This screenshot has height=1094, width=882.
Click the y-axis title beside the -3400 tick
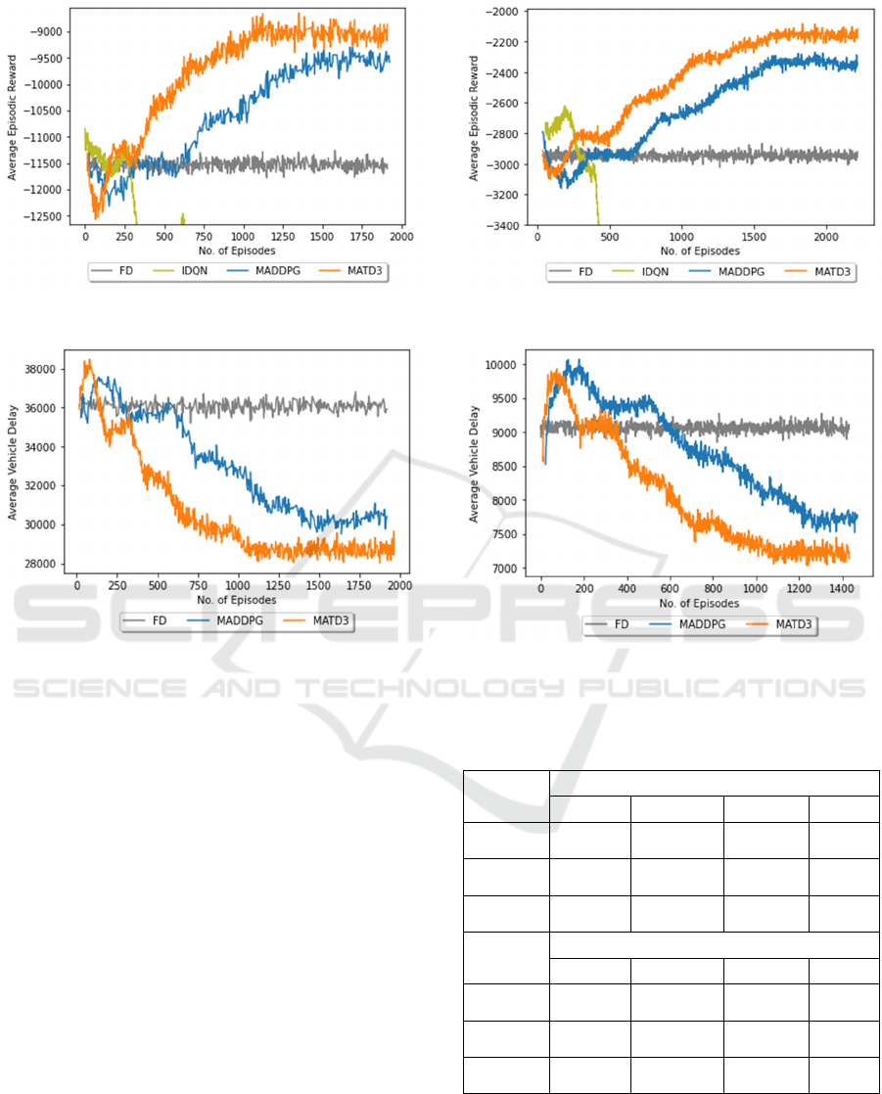pos(474,118)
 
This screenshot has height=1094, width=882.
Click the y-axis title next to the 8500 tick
pos(474,467)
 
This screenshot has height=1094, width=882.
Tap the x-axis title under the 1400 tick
pos(700,606)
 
